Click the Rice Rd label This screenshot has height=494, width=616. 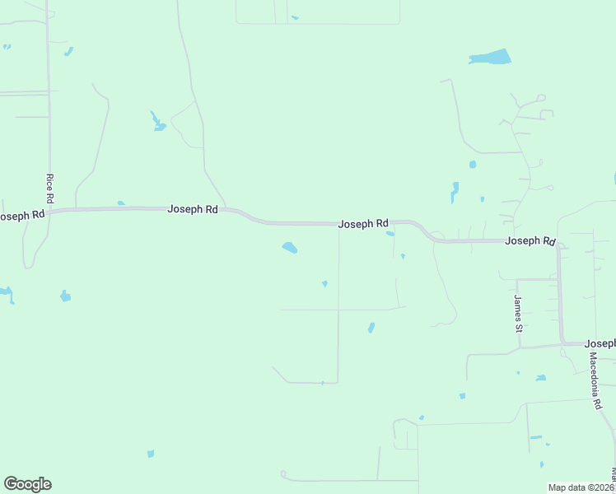click(x=50, y=189)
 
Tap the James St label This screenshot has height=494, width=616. click(x=518, y=314)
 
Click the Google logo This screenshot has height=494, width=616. click(x=27, y=484)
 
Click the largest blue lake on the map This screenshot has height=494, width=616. click(x=491, y=58)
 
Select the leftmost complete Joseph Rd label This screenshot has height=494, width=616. click(x=193, y=209)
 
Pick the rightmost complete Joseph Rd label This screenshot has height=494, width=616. click(x=530, y=240)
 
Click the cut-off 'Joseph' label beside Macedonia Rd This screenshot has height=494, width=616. click(x=600, y=343)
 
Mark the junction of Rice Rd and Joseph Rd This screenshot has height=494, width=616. click(x=49, y=212)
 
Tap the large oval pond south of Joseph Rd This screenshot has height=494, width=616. click(x=289, y=247)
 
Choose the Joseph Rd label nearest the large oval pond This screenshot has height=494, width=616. click(x=363, y=223)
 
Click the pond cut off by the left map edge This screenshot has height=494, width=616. click(x=6, y=292)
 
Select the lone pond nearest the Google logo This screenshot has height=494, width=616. click(x=150, y=454)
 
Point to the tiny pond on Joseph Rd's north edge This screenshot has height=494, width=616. click(x=121, y=203)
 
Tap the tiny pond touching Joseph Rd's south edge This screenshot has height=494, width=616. click(x=390, y=234)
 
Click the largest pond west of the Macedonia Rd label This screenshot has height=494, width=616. click(x=540, y=378)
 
